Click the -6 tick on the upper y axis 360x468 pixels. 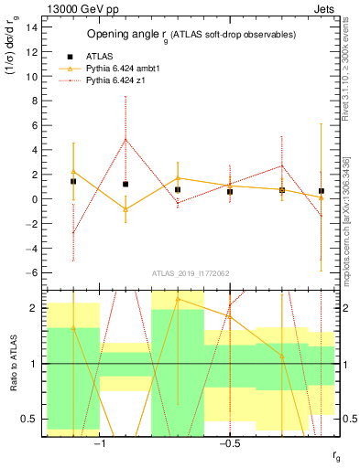[31, 272]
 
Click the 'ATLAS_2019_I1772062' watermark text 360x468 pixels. [190, 273]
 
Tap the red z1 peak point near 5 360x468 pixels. [125, 139]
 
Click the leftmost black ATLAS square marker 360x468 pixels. [73, 181]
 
